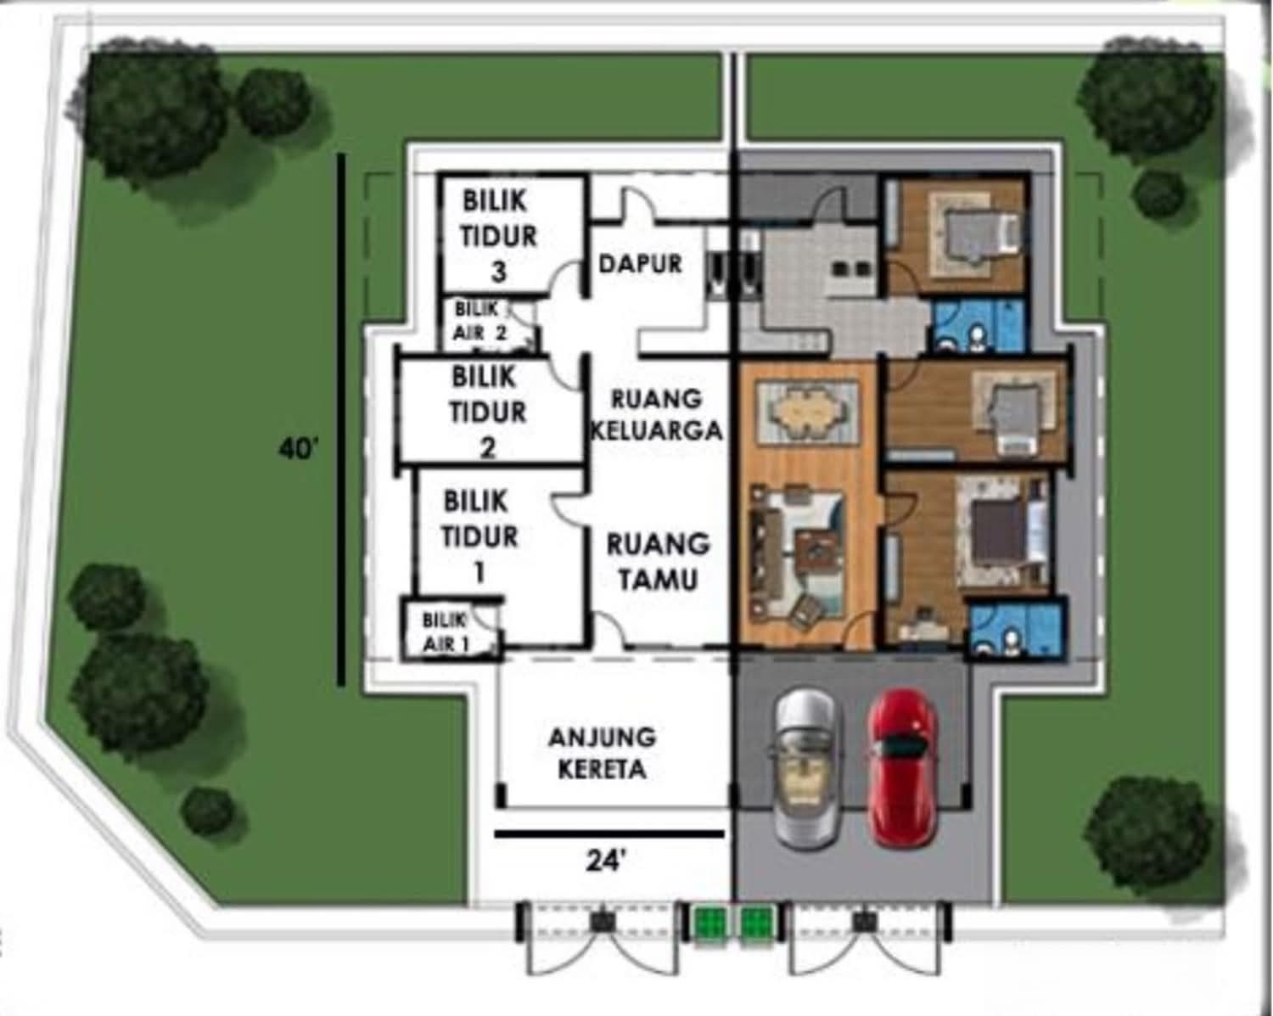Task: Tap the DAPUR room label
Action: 641,264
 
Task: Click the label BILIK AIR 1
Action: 446,632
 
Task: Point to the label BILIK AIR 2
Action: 479,322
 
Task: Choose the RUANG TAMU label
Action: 659,562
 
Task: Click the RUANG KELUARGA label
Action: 657,415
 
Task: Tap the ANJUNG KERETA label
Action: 603,754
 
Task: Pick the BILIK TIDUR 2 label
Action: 487,413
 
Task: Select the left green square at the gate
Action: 709,921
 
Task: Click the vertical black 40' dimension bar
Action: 341,419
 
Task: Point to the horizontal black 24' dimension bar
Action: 609,834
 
